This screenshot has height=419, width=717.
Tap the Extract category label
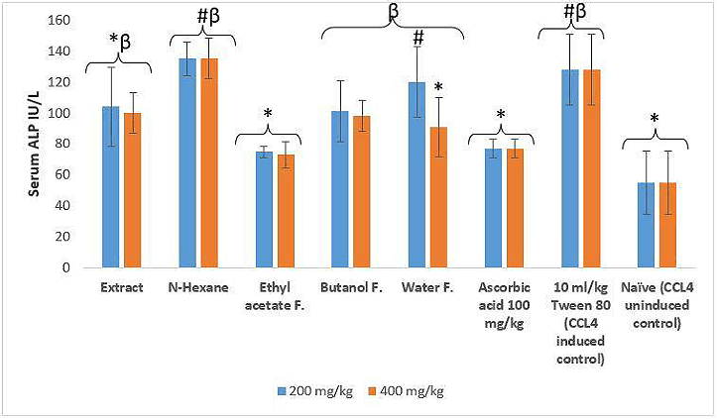pyautogui.click(x=120, y=288)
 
